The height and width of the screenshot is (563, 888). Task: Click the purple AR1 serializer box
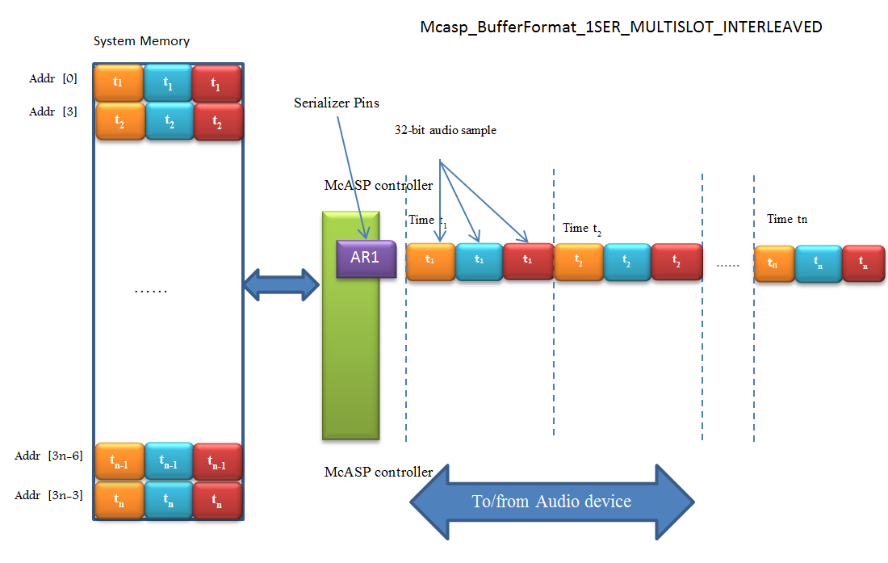366,259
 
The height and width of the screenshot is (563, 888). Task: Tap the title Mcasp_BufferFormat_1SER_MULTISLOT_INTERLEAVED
621,27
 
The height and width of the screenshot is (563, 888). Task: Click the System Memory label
141,41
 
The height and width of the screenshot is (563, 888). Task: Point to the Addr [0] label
52,78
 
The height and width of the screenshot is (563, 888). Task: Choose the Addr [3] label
52,111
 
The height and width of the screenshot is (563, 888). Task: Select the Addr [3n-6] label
48,456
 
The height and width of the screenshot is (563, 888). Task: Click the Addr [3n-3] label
48,495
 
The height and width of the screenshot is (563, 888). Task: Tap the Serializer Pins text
336,103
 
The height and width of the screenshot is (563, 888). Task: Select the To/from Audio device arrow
551,502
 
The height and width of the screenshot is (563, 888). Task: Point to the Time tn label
786,219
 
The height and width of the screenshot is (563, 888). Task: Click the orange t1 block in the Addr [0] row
119,83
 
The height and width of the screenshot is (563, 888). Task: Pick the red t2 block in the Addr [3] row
217,121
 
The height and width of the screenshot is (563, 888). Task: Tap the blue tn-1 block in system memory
168,461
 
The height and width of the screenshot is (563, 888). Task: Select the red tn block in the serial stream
863,263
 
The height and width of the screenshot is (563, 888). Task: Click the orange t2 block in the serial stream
578,262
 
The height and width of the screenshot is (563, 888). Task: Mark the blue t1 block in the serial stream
479,261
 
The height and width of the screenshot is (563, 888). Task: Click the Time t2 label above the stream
581,228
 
